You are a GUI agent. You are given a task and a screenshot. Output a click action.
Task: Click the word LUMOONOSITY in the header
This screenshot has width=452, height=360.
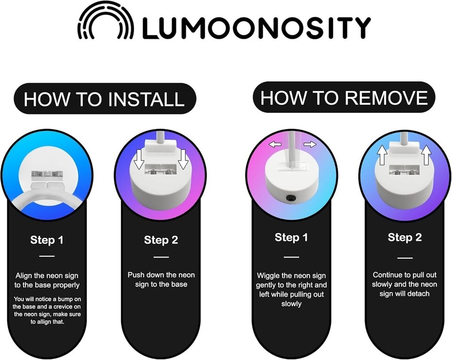tap(256, 28)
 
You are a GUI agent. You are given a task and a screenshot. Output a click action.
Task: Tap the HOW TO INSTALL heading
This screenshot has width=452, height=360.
tap(105, 99)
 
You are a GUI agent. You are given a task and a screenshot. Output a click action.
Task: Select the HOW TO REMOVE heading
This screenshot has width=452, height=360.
tap(344, 98)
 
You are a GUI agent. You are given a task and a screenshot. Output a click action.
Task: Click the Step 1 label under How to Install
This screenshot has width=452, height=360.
tap(47, 240)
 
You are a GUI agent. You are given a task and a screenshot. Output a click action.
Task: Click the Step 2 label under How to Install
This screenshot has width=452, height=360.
tap(161, 240)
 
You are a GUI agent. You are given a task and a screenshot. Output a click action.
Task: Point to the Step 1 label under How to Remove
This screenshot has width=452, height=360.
tap(291, 237)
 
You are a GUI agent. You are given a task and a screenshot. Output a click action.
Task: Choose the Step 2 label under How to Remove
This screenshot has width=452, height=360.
tap(405, 237)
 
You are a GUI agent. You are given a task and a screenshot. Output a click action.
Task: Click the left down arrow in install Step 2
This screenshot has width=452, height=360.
tap(139, 159)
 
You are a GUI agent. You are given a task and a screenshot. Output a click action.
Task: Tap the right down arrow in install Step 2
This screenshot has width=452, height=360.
tap(183, 159)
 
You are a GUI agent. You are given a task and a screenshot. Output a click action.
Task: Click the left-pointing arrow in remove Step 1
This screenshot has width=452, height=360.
tap(275, 144)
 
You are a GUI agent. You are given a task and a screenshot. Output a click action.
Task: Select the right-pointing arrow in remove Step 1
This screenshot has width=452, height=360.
tap(310, 144)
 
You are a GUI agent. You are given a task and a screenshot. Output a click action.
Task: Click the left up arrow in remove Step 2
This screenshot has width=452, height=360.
tap(382, 155)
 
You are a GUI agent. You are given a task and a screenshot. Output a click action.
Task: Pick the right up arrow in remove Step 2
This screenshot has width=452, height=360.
tap(427, 155)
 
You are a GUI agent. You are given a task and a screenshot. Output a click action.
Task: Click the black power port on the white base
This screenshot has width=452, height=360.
tap(291, 198)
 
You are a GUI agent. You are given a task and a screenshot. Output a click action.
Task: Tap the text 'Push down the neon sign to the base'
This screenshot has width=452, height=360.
tap(161, 279)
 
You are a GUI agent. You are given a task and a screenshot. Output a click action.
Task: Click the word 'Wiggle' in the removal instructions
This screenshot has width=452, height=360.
tap(268, 276)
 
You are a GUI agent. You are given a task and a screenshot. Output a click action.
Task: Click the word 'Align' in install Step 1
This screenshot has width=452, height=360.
tap(24, 276)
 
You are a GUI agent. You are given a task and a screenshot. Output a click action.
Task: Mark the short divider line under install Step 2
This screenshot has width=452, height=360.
tap(161, 257)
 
